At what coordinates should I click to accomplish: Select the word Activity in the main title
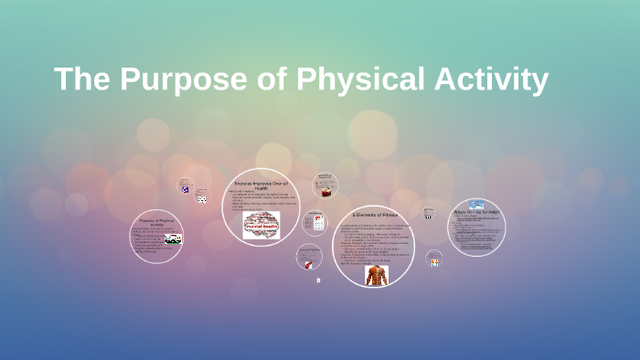coord(493,79)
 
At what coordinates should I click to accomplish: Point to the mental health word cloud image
coord(261,226)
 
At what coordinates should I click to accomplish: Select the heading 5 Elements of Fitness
coord(373,215)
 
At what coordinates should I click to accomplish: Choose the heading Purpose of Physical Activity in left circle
coord(156,221)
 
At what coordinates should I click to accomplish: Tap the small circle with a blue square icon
coord(186,187)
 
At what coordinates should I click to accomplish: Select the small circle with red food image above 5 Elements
coord(325,185)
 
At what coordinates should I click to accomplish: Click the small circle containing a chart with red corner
coord(316,222)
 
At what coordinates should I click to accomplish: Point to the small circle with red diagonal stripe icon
coord(309,259)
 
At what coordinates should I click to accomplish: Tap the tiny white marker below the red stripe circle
coord(318,281)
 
